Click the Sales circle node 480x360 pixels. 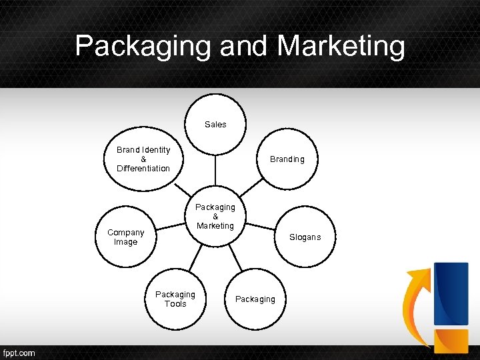(215, 124)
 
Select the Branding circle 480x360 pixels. (287, 159)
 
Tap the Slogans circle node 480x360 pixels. (305, 237)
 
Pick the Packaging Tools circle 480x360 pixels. (175, 299)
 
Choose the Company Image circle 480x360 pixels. (126, 237)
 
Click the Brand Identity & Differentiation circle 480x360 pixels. (143, 159)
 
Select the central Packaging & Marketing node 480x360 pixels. (215, 217)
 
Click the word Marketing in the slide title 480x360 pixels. (341, 46)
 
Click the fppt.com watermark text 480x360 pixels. (19, 353)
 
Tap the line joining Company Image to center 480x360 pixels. (170, 227)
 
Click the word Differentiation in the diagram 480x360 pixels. (143, 169)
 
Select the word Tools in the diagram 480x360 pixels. (175, 304)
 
